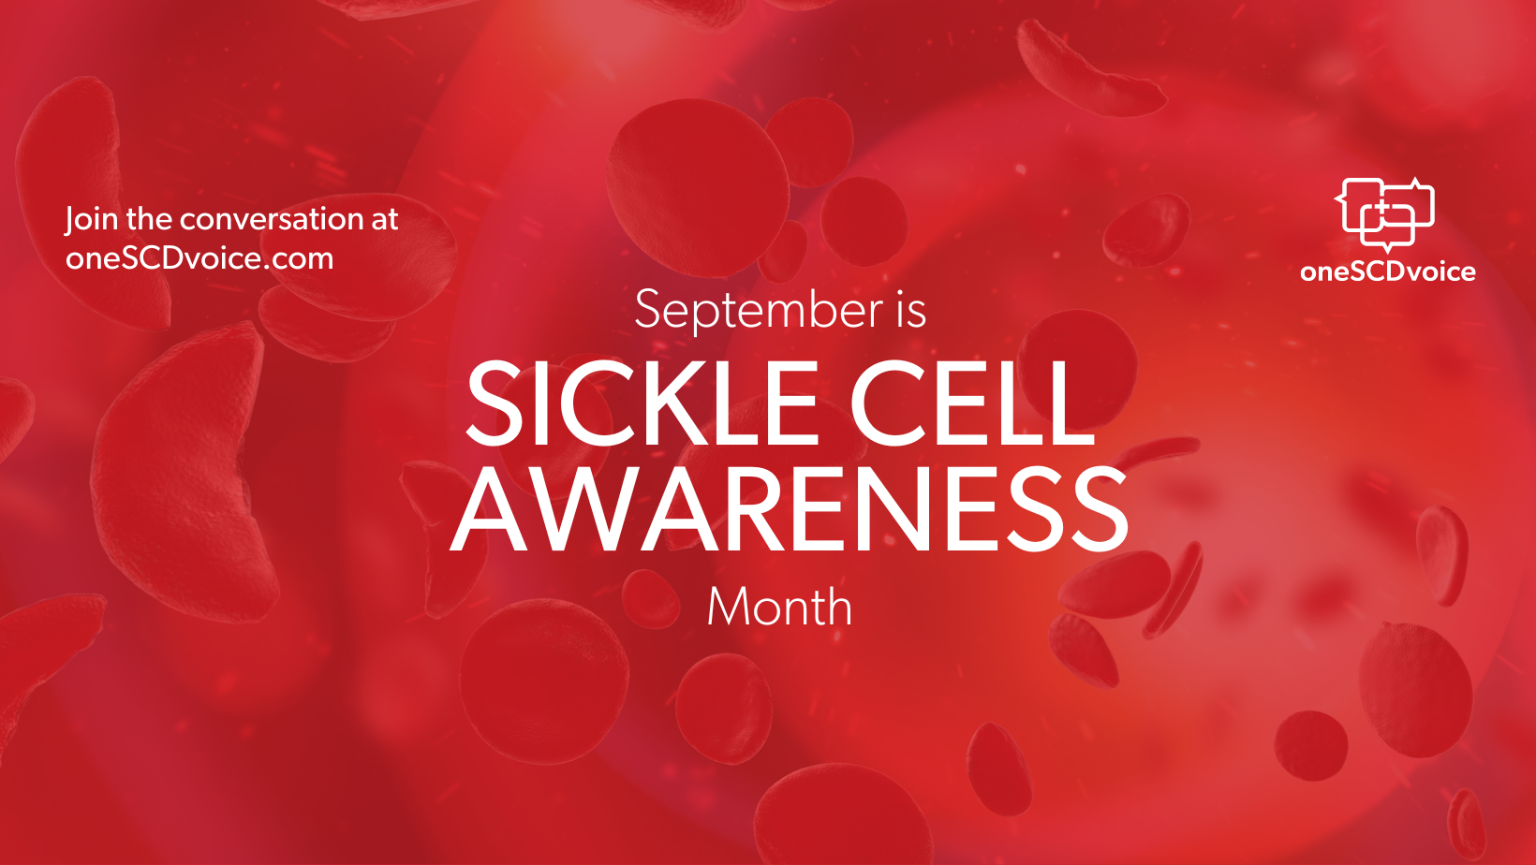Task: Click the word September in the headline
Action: tap(759, 312)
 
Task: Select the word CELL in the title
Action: tap(971, 403)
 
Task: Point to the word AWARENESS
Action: tap(789, 510)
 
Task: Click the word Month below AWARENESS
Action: tap(779, 607)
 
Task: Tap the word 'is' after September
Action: tap(910, 310)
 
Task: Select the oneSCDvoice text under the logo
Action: tap(1388, 272)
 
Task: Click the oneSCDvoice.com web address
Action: tap(199, 258)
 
